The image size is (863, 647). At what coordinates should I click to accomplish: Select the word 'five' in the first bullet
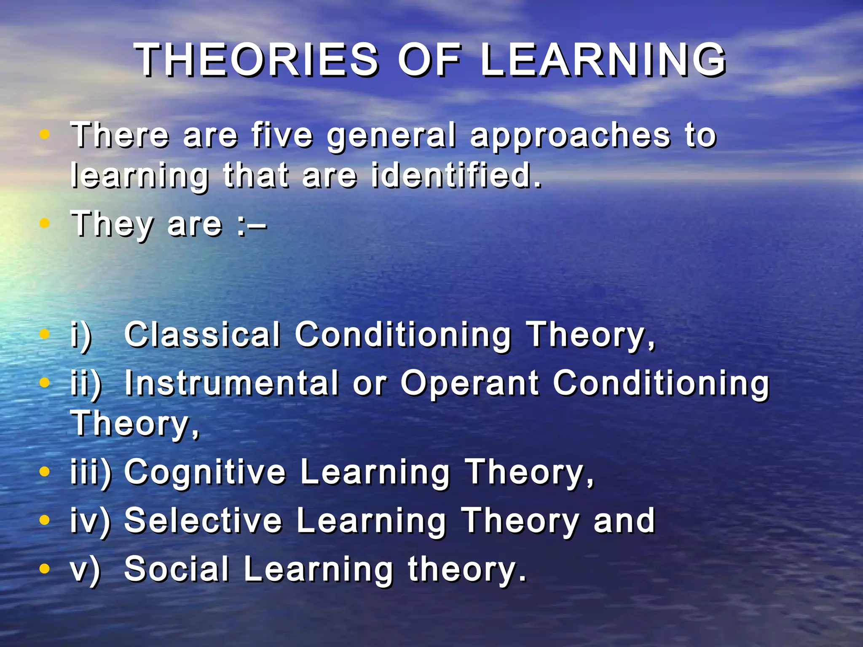pos(282,136)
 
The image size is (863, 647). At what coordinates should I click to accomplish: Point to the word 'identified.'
pos(456,175)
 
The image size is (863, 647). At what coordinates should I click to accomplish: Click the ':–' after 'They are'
pos(252,225)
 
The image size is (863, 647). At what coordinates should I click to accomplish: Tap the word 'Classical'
pos(202,334)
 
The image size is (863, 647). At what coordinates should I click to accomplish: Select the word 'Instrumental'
pos(232,383)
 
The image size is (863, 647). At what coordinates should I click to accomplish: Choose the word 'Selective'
pos(203,521)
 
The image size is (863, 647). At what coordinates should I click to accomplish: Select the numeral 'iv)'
pos(90,521)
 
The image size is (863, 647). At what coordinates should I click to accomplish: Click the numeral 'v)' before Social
pos(86,570)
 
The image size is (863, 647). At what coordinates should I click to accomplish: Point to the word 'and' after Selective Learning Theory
pos(624,521)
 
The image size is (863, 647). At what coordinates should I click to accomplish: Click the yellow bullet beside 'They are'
pos(44,223)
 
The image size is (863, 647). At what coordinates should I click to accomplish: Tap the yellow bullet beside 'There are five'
pos(44,135)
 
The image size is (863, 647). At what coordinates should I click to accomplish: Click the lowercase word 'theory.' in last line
pos(467,569)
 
